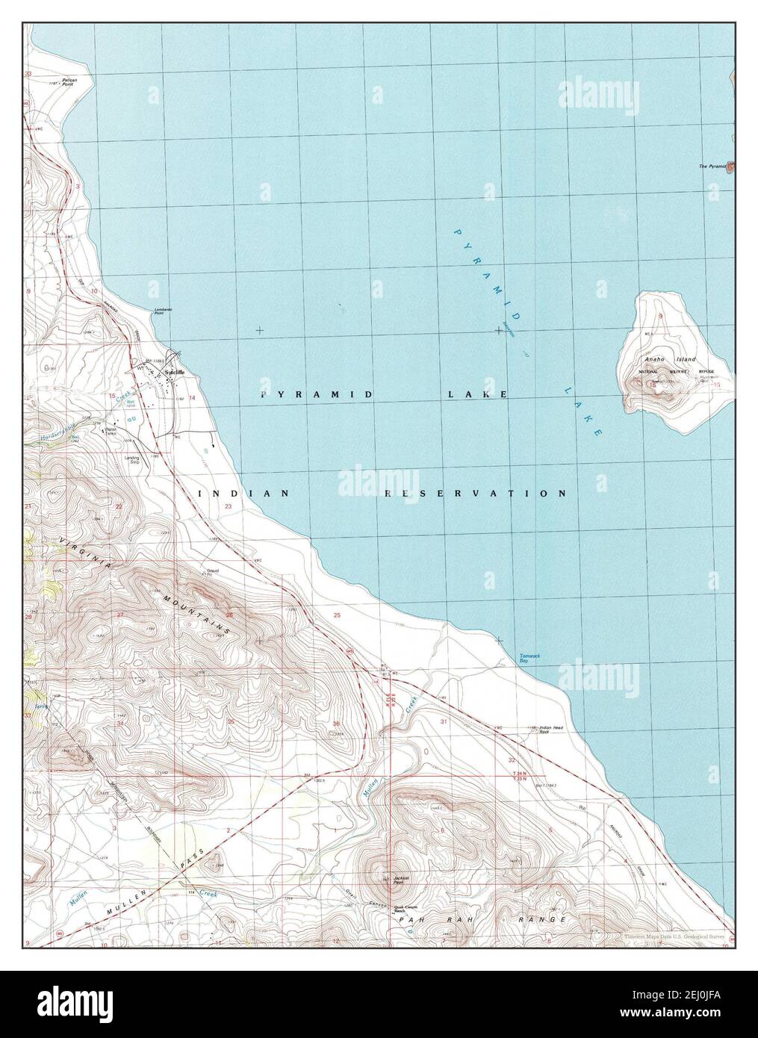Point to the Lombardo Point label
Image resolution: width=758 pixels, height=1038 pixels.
(164, 312)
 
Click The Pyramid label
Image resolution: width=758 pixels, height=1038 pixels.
(712, 167)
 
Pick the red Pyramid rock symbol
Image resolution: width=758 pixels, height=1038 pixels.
(732, 166)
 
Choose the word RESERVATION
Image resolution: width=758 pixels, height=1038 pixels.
(475, 494)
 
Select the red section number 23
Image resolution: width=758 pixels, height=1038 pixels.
(228, 507)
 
